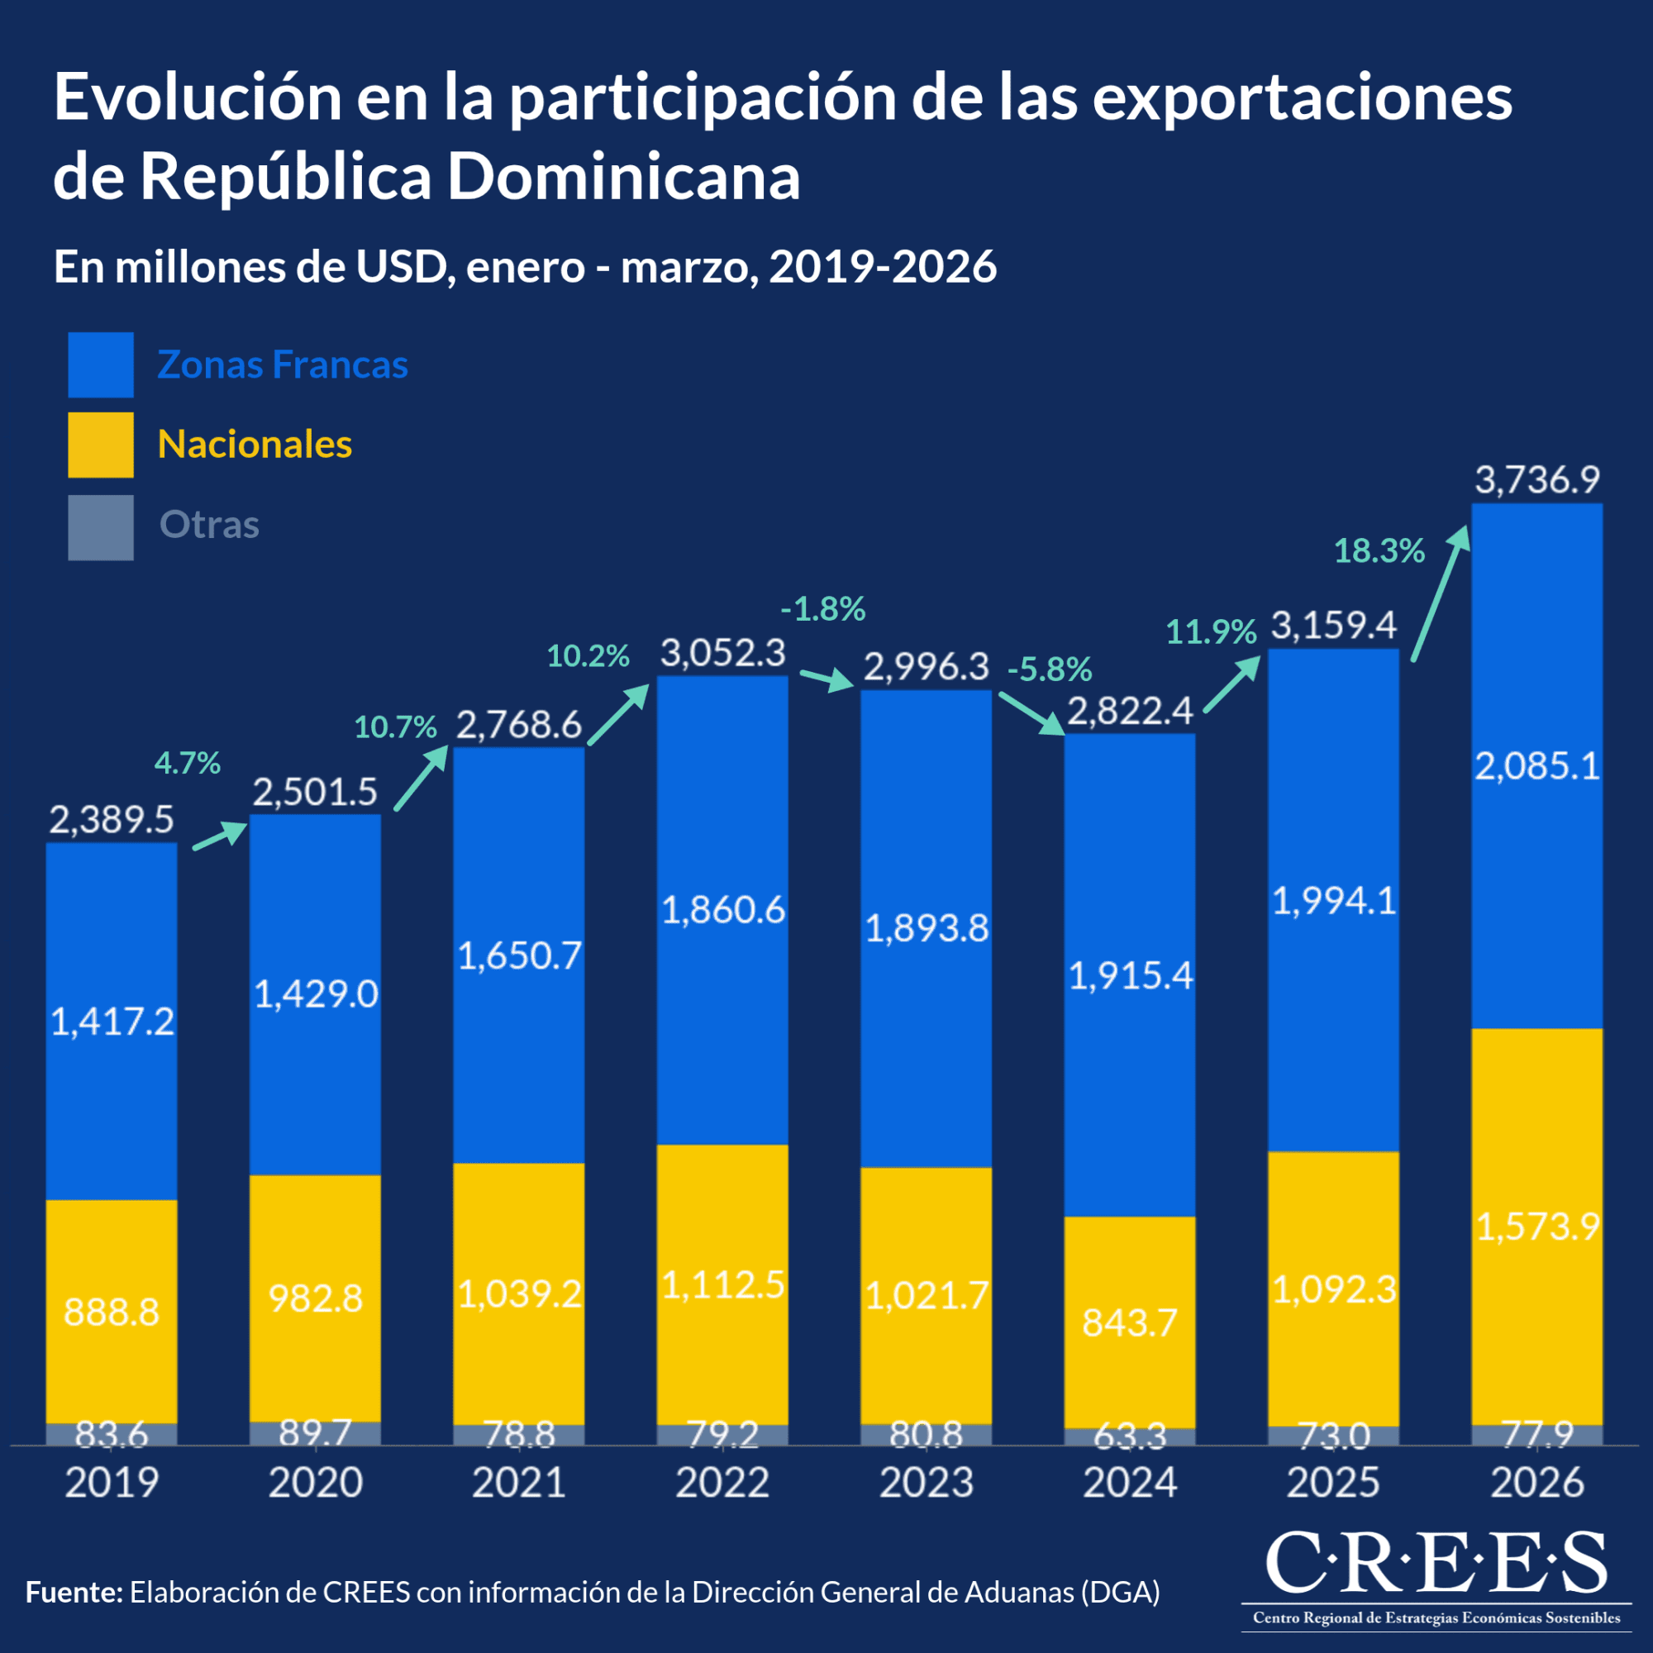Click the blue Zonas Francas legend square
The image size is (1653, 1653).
point(101,364)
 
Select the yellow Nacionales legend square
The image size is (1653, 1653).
point(101,445)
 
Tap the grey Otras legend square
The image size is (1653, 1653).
point(101,527)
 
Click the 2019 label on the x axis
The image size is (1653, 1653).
point(112,1483)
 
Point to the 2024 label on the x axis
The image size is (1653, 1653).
point(1129,1483)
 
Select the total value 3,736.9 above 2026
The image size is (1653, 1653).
point(1536,480)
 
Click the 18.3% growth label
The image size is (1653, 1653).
point(1379,551)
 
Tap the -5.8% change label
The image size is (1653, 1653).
point(1049,669)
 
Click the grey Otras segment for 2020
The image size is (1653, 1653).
point(315,1434)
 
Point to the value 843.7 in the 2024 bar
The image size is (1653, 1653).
point(1129,1323)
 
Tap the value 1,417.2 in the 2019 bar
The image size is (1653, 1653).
point(112,1022)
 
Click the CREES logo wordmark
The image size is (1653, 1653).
point(1436,1562)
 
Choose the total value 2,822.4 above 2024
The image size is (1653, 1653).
point(1129,711)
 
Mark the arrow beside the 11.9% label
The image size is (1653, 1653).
point(1233,684)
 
